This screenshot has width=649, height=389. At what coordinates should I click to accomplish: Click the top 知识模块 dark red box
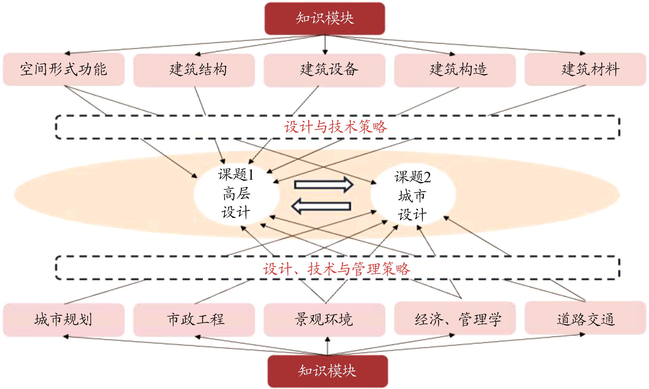325,18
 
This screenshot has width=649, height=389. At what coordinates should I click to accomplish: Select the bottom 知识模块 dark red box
327,371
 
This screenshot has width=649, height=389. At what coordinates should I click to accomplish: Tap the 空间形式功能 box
64,69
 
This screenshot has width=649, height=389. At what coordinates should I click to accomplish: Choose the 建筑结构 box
194,70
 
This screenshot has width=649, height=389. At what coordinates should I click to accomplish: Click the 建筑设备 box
324,70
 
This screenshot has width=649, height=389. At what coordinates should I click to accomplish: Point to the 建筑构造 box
455,70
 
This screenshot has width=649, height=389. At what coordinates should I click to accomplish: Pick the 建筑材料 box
585,69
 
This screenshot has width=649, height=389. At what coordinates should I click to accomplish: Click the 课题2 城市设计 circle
413,195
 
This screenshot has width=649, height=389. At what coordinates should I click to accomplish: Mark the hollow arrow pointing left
321,206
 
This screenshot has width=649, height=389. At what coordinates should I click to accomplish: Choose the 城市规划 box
64,320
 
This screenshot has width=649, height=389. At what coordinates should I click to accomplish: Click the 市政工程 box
194,320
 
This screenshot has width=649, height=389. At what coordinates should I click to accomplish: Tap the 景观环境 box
324,320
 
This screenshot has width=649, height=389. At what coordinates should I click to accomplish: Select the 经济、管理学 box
455,318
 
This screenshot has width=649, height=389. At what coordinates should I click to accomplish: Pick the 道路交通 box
585,318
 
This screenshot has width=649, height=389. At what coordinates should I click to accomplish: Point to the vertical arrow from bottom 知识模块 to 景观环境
327,346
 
